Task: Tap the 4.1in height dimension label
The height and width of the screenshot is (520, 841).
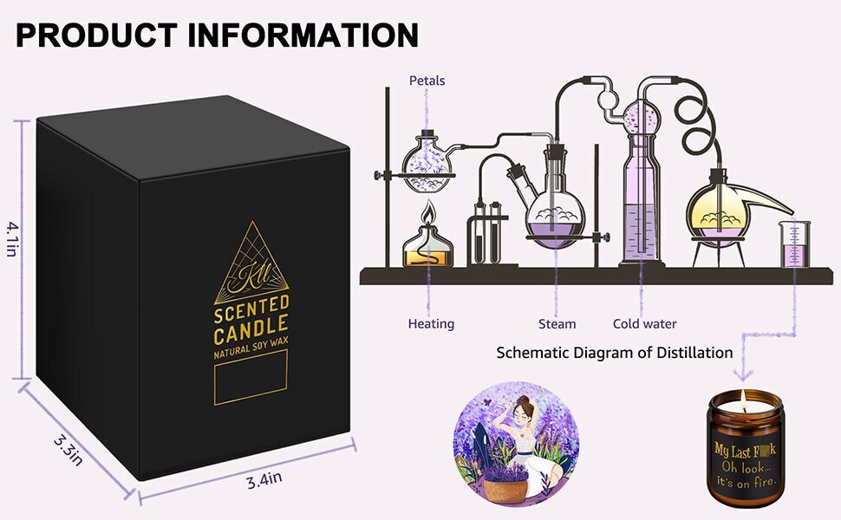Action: pos(12,238)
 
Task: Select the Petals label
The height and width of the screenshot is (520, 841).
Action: pos(427,81)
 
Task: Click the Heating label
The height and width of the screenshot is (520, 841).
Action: pos(431,323)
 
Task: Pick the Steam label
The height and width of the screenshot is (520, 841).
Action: pos(557,323)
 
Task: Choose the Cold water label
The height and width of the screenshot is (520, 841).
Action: pos(644,323)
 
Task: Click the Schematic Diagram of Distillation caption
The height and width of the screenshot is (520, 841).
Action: pos(615,353)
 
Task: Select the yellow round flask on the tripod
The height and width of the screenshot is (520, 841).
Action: pos(718,213)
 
